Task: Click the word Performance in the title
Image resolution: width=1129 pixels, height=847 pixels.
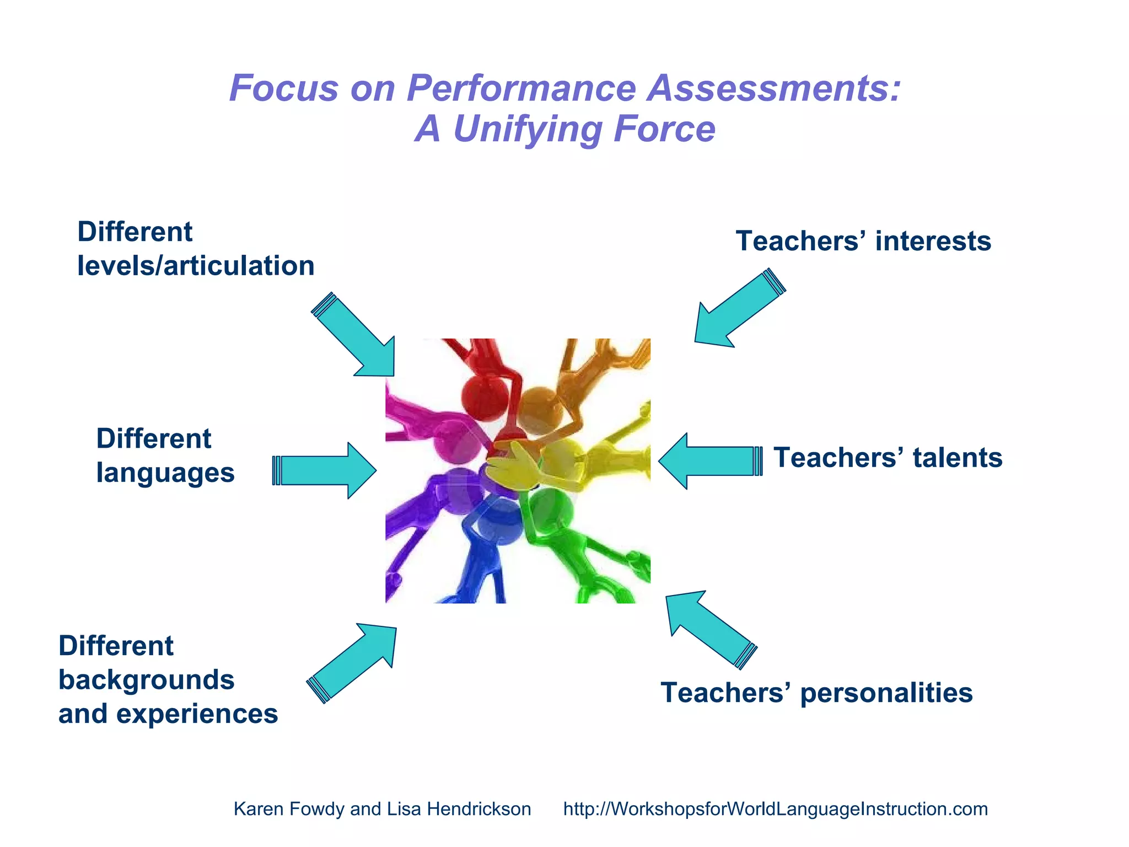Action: pos(521,88)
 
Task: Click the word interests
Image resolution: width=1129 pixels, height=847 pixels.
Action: pos(933,242)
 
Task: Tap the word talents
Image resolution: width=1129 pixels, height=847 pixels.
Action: pos(957,458)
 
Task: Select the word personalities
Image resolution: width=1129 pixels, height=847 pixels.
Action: pos(886,693)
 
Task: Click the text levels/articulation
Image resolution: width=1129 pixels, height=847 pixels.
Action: pos(196,266)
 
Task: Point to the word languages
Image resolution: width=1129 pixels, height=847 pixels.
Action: pos(165,473)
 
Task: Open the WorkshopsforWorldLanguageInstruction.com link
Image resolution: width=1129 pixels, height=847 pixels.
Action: pos(775,809)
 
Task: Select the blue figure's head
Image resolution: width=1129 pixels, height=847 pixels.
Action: pos(499,521)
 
